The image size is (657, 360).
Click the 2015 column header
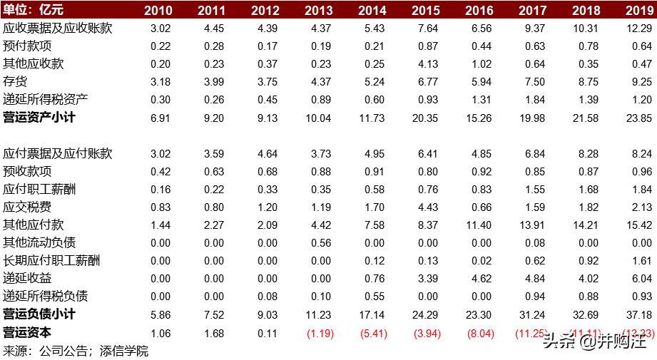[426, 10]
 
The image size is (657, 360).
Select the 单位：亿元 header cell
[35, 10]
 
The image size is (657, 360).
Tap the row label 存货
[15, 82]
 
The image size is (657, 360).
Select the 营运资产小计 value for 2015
[426, 118]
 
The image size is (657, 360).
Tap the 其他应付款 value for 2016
[479, 225]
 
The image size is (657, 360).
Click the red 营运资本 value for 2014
[372, 333]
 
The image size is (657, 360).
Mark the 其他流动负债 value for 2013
[319, 243]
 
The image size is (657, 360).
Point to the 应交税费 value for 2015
[426, 207]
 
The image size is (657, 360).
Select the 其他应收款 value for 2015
[426, 64]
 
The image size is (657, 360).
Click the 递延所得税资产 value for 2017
[533, 100]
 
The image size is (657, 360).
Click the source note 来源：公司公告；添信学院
[76, 351]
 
